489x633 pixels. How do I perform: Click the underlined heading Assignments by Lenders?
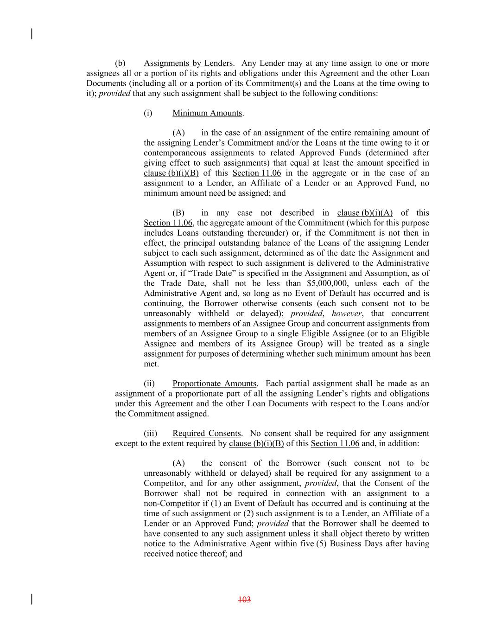188,63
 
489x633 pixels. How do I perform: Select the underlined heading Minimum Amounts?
207,113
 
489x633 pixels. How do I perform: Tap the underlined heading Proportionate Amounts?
214,384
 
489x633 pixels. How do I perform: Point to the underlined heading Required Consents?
207,434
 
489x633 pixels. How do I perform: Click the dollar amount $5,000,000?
328,283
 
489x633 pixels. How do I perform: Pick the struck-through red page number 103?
244,600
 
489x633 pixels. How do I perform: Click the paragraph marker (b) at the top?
120,63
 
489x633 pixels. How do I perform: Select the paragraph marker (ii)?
149,384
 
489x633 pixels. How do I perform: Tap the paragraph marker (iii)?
151,434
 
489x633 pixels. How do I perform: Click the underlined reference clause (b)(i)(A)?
365,213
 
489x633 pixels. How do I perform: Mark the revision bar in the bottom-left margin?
32,599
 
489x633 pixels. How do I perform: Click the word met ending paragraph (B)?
151,364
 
